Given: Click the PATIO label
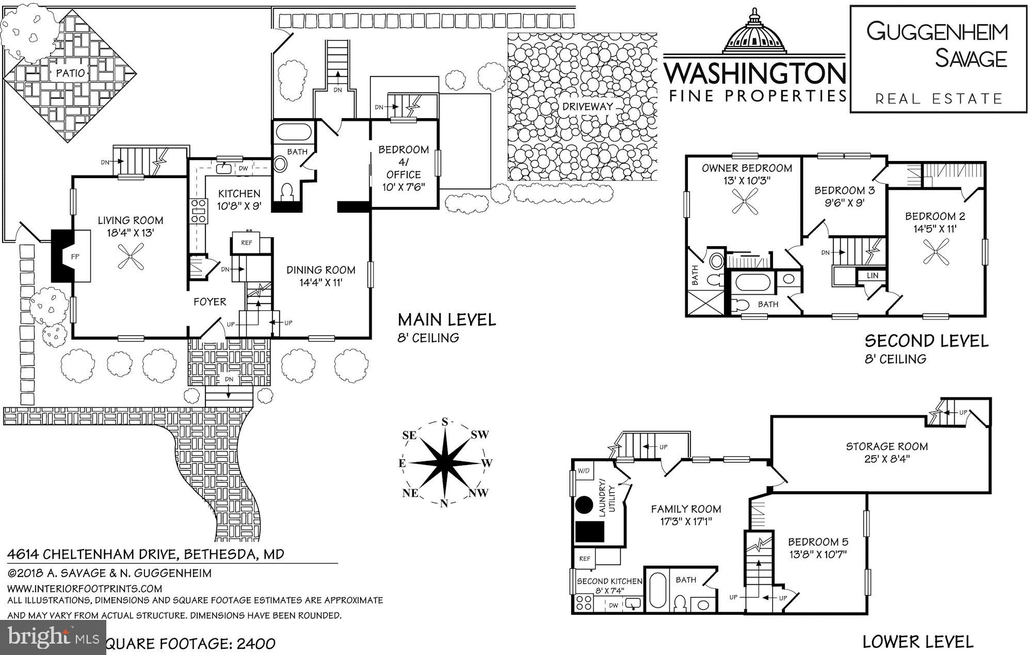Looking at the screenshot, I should pos(70,73).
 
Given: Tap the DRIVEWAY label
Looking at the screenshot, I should pos(587,106).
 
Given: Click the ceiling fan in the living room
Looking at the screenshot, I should pos(130,257).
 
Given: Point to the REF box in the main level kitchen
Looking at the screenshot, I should pos(247,242).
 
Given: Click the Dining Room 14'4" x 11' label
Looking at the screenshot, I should pos(320,276).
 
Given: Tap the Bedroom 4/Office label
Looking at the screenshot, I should pos(404,168).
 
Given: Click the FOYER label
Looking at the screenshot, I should pos(210,301).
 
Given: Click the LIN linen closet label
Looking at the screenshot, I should pos(872,276).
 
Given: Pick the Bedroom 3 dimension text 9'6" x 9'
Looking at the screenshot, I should pos(844,203).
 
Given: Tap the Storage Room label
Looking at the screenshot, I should pos(886,452).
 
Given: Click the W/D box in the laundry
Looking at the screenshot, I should pos(584,471).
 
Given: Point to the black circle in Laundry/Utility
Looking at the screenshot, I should pos(584,504).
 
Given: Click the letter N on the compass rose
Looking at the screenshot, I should pos(443,504).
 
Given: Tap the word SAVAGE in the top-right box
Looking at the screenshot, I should pos(971,58).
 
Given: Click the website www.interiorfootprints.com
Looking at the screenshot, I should pos(85,588).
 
